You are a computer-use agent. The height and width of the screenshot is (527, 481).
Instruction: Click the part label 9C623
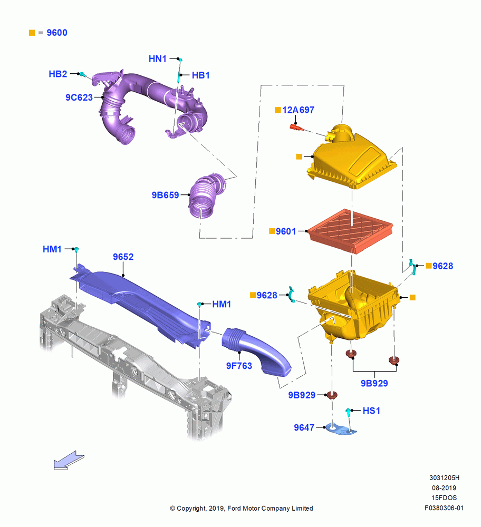tap(79, 97)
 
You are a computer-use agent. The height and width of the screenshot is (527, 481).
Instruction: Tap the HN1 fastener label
tap(157, 59)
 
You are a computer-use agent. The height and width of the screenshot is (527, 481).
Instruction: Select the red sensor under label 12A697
tap(297, 128)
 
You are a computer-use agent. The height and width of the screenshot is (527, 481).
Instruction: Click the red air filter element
tap(351, 231)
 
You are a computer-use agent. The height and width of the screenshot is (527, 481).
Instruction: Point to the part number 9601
tap(286, 231)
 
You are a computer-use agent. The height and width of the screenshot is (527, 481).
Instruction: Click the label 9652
tap(123, 257)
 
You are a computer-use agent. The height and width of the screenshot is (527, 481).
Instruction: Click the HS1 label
tap(371, 411)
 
